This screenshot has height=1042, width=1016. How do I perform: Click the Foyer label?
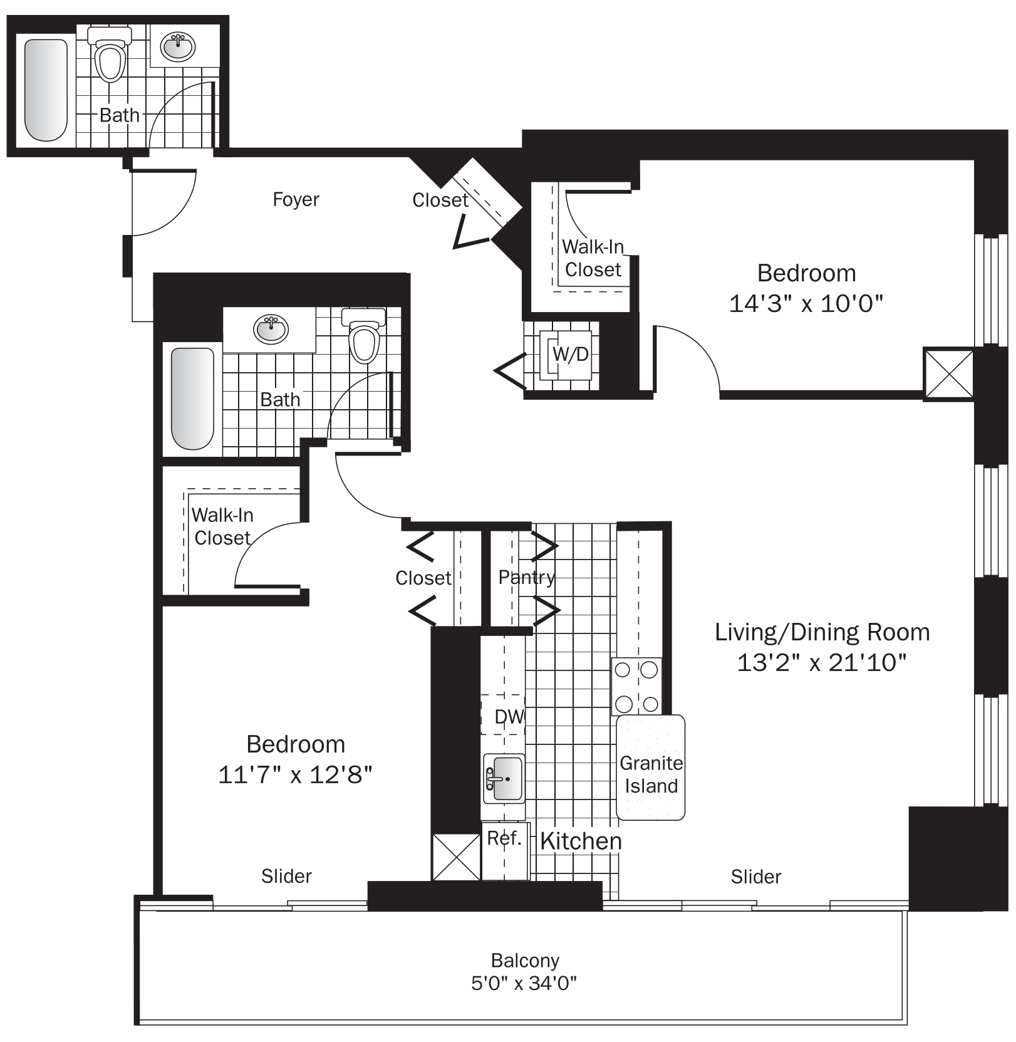pos(296,200)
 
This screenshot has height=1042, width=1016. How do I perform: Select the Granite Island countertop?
pos(651,768)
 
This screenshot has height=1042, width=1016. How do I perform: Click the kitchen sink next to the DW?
pos(504,779)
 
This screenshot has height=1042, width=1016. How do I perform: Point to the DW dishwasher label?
pos(509,717)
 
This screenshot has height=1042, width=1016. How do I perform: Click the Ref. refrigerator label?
pos(504,838)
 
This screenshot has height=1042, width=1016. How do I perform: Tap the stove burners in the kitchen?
pos(636,686)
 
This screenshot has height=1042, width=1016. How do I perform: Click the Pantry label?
pos(526,577)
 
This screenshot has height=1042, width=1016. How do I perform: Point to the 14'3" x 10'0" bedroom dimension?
pos(806,304)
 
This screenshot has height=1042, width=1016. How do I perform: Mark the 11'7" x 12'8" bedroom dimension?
pos(295,775)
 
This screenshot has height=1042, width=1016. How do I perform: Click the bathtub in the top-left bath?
pos(46,90)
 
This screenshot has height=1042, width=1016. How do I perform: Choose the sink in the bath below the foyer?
pos(271,328)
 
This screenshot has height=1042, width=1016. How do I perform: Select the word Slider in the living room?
pos(755,877)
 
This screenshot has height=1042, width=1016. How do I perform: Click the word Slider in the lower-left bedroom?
pos(286,876)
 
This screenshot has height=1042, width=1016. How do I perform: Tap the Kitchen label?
pos(581,841)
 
